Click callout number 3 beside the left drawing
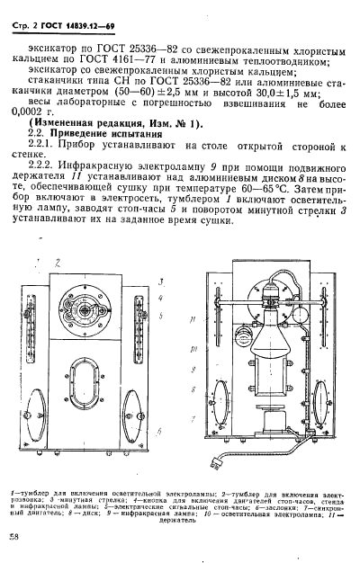coord(159,281)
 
